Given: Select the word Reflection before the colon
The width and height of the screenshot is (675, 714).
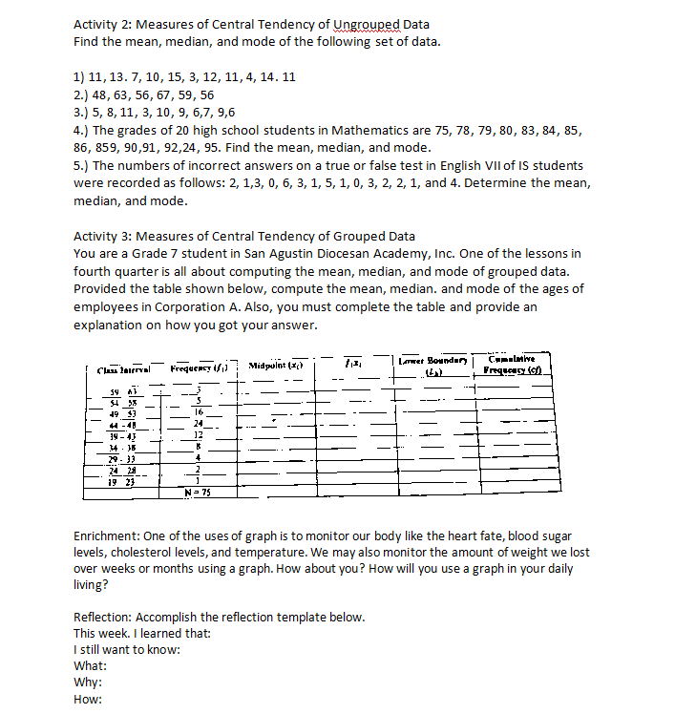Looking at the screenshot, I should point(104,617).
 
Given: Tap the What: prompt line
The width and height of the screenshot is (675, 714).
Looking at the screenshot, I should point(90,665).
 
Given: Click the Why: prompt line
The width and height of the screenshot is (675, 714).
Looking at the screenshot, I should point(89,682).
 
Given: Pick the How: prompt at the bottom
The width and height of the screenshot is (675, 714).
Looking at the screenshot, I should point(89,698).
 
